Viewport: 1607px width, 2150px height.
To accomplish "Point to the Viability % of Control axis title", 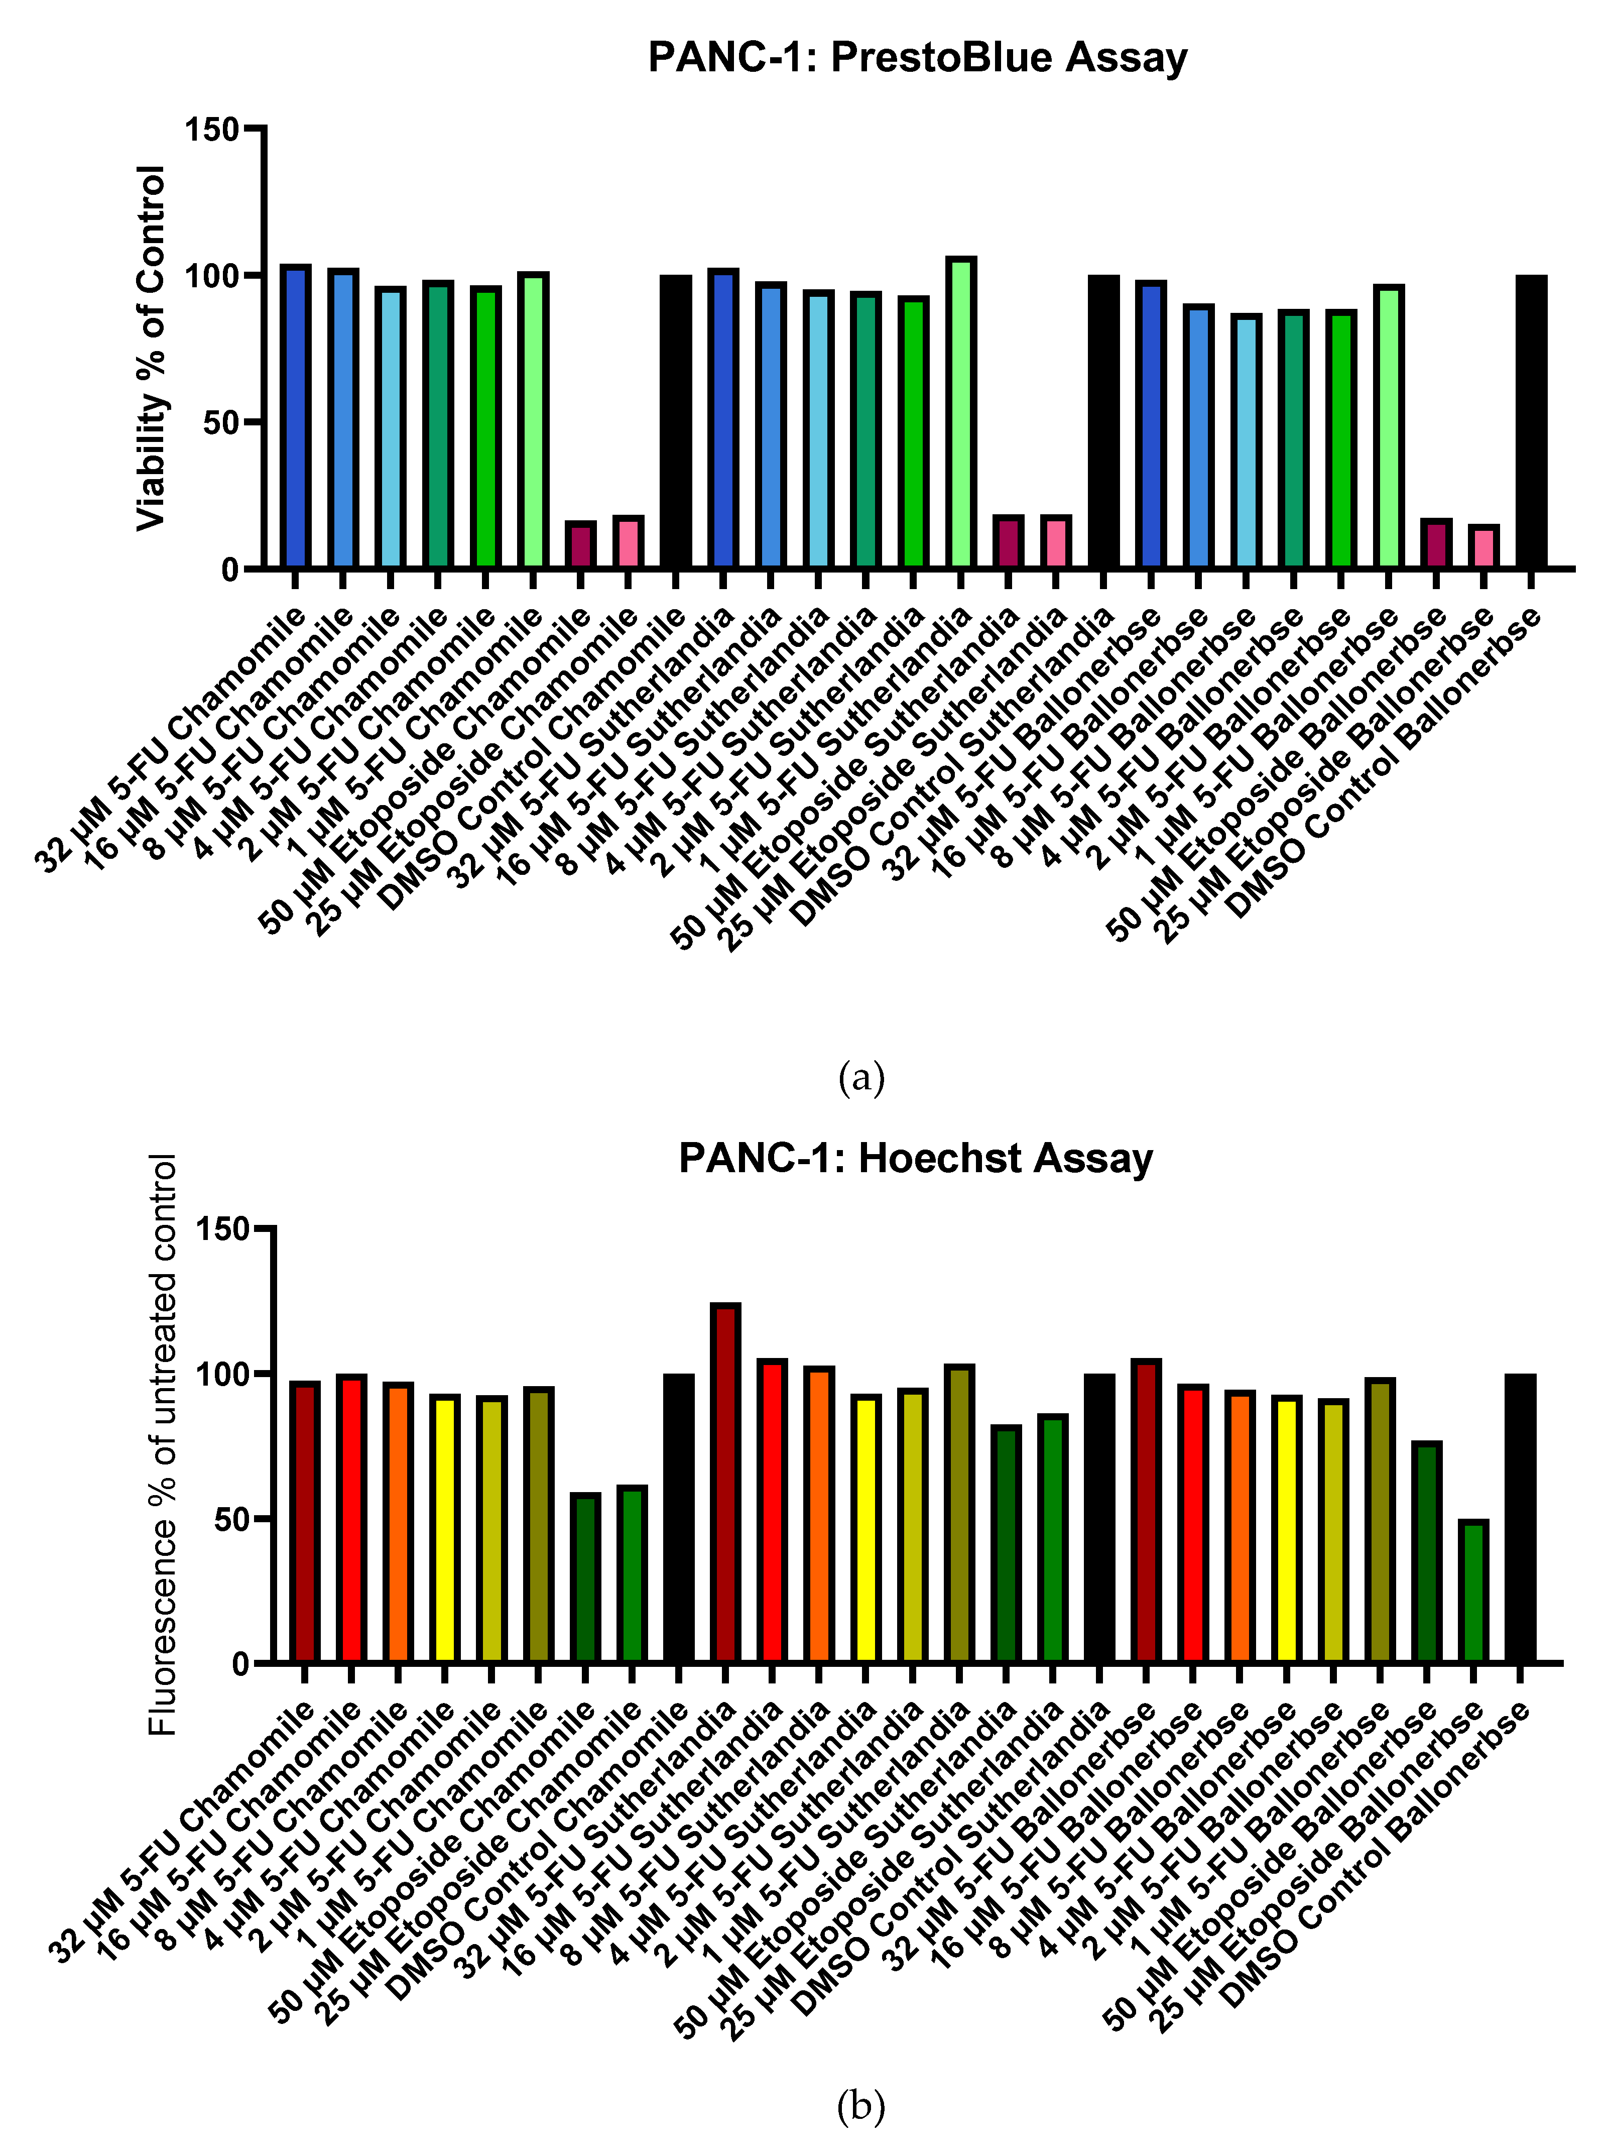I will (152, 348).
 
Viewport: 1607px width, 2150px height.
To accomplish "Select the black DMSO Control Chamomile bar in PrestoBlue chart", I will (676, 422).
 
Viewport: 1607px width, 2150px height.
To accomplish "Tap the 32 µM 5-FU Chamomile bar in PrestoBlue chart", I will (295, 416).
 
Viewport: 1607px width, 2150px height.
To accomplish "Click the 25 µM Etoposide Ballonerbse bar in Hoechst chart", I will (1473, 1592).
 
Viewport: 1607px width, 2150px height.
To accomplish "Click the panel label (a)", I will (861, 1078).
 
